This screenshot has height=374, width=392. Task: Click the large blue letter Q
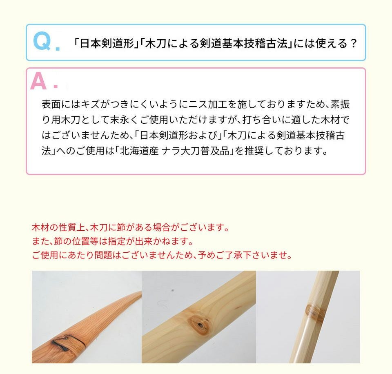pos(42,42)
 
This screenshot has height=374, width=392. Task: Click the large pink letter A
pos(38,81)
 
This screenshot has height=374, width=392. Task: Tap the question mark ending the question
pos(353,44)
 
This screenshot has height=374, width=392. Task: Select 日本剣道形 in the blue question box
pos(107,44)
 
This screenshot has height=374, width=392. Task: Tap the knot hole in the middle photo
pos(200,325)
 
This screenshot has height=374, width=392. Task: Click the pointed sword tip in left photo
pos(140,292)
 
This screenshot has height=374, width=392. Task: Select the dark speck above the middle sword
pos(172,290)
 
